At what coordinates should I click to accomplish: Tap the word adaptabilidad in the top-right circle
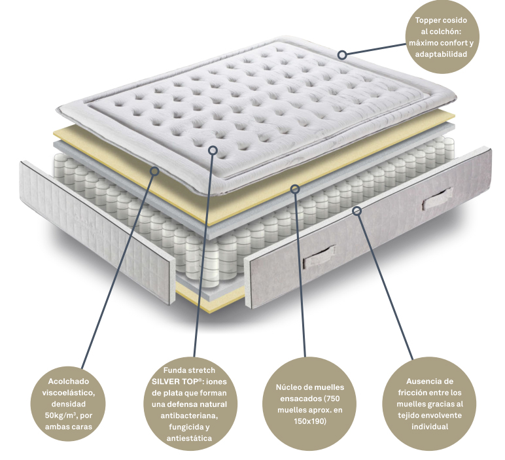441,54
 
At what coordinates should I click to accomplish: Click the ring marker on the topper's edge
342,55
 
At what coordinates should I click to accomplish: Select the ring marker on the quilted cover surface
213,150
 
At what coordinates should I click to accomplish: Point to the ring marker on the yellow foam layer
155,171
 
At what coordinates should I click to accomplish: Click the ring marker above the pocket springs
295,188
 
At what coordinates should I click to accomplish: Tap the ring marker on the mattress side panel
357,211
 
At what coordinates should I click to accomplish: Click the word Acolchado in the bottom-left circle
68,381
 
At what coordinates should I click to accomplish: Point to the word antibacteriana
190,416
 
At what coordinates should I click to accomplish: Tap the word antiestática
190,438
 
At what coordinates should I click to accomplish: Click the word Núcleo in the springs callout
288,387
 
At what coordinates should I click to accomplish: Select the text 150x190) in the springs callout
310,421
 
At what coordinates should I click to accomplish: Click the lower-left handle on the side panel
319,257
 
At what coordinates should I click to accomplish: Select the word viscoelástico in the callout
69,393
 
